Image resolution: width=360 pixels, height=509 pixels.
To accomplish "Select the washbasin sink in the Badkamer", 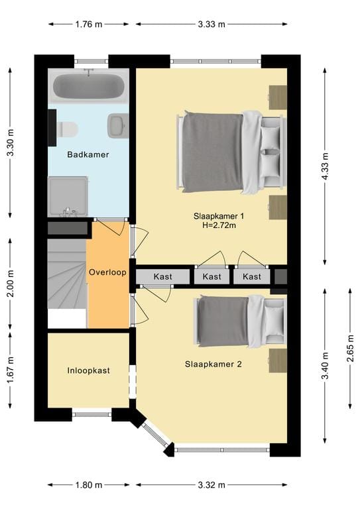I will click(x=118, y=125).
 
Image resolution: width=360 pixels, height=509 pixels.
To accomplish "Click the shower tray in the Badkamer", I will click(x=68, y=196).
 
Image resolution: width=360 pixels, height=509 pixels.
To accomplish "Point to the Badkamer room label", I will click(x=88, y=154).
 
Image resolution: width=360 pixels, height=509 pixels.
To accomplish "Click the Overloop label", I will click(x=107, y=272).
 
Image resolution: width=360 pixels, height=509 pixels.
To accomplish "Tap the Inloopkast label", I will click(x=88, y=370).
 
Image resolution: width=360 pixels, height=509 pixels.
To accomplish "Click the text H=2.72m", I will click(x=219, y=225).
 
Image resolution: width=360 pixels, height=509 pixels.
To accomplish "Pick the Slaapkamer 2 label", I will click(x=212, y=363).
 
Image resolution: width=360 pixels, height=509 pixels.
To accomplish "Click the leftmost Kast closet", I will click(x=162, y=276).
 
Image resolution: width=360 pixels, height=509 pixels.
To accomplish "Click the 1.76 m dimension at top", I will click(x=88, y=25).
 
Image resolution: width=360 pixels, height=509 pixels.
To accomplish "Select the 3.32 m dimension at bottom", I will click(x=211, y=484).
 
